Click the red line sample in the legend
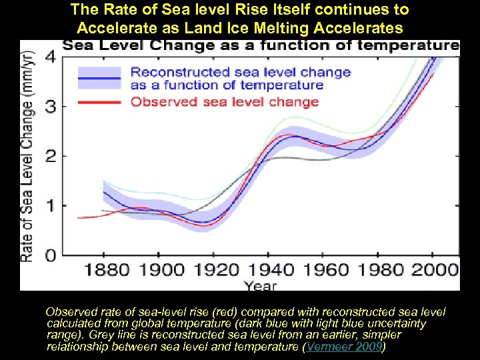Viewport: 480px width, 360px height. coord(99,102)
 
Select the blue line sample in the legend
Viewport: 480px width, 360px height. coord(99,78)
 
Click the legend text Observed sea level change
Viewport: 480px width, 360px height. coord(225,102)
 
